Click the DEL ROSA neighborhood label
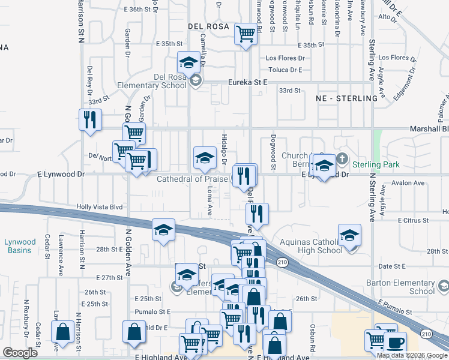[208, 26]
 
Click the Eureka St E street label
[246, 82]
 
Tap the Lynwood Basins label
[20, 245]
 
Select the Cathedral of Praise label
[191, 179]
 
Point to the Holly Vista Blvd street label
[99, 207]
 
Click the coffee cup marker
[395, 343]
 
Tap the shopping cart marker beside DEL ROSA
[246, 34]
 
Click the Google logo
[20, 352]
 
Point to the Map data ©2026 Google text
[412, 355]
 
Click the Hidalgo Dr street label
[224, 149]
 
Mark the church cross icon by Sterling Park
[342, 160]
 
